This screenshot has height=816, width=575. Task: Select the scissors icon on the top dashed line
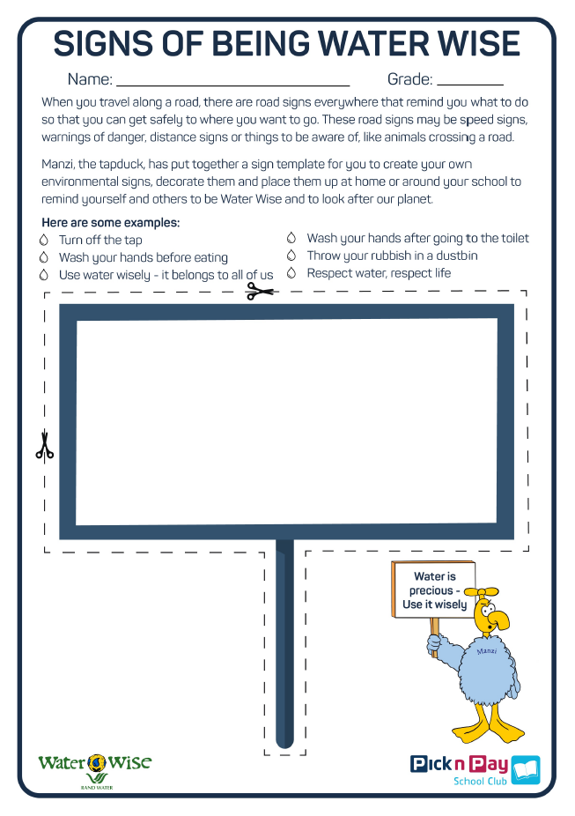tap(261, 290)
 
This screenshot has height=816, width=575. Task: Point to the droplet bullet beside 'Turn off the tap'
tap(44, 240)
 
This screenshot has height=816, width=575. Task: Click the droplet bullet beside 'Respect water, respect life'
tap(291, 273)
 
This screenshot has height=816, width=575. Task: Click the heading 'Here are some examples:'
tap(110, 223)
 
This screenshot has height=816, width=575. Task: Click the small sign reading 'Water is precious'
tap(434, 590)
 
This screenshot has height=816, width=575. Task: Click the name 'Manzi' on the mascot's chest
tap(486, 651)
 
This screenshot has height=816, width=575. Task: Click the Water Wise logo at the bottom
tap(94, 762)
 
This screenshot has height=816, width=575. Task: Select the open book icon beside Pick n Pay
tap(526, 769)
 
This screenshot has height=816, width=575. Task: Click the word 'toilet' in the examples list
tap(510, 239)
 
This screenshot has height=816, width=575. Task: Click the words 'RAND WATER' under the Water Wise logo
tap(94, 786)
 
